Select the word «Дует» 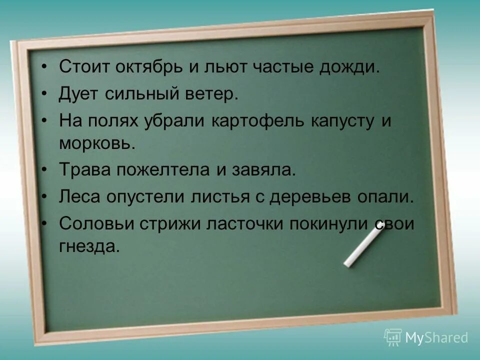[79, 93]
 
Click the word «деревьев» [316, 196]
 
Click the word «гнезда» [89, 246]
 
